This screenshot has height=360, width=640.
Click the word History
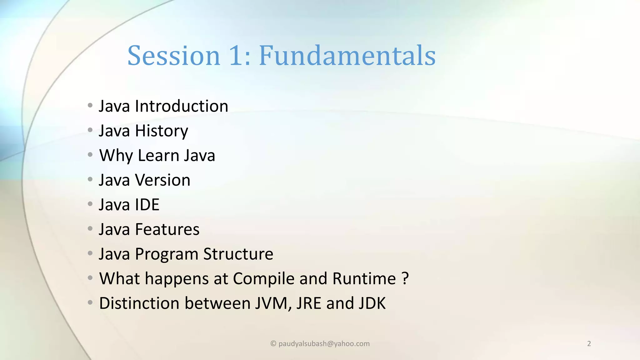pos(161,131)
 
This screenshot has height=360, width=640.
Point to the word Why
pos(116,156)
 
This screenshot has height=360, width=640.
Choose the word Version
pos(162,180)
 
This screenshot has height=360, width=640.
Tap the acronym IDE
pos(147,205)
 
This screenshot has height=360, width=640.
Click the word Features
pos(167,229)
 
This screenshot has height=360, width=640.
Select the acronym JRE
pos(308,303)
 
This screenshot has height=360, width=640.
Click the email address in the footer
pos(324,344)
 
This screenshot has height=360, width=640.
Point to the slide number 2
pos(589,344)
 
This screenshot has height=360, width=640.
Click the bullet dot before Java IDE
pos(90,204)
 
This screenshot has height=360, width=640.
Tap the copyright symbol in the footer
pos(273,344)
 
